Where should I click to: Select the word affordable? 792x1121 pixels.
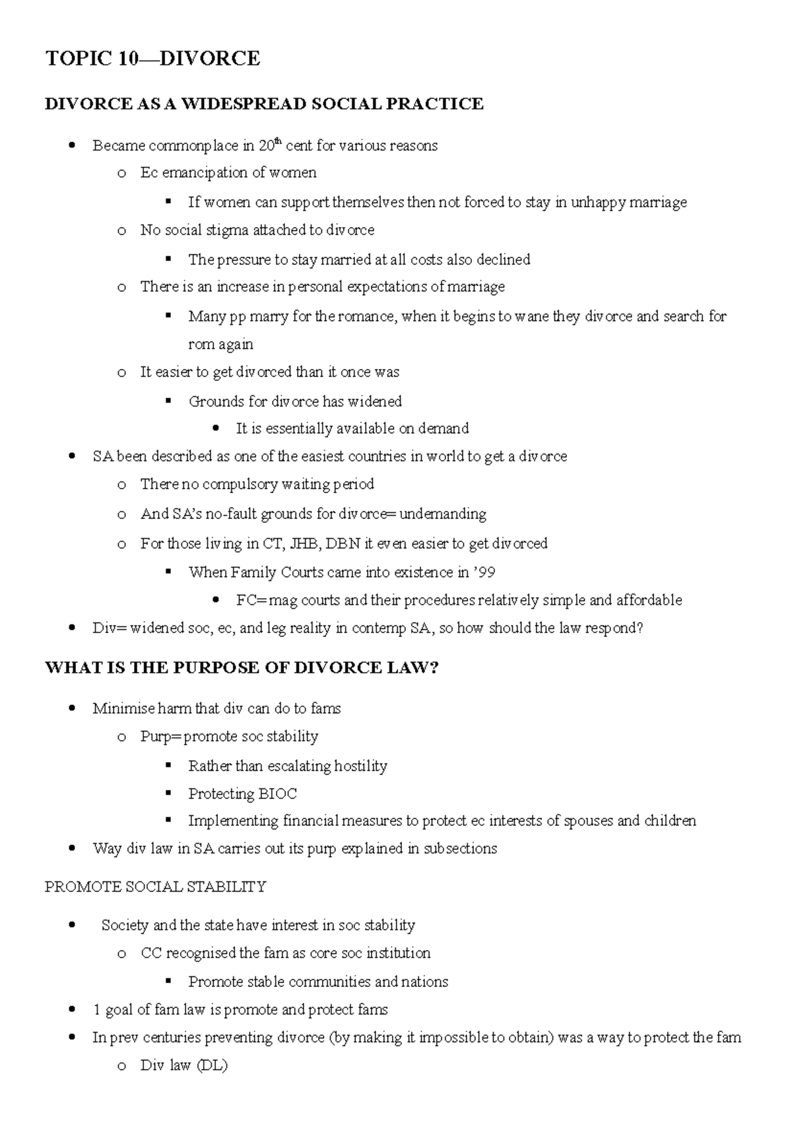(x=649, y=600)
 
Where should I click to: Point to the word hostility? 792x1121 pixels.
(x=360, y=766)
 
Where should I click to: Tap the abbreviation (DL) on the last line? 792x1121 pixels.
(x=212, y=1066)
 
